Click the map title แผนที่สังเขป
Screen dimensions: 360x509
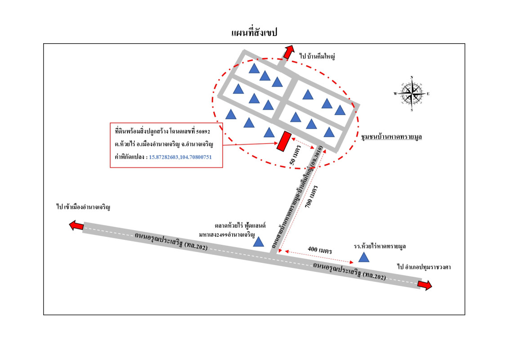[x=254, y=33]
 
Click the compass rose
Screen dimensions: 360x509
[x=412, y=94]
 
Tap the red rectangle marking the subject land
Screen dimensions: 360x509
[x=283, y=141]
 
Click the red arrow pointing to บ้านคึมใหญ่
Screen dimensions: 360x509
[x=286, y=52]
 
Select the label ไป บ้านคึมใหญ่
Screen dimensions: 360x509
[x=317, y=56]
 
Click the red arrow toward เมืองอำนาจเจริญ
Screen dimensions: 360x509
[x=76, y=225]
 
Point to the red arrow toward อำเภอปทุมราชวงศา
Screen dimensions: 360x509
[x=424, y=285]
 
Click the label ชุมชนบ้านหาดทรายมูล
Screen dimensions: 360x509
[x=393, y=135]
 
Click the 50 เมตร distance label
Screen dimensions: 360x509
[x=294, y=158]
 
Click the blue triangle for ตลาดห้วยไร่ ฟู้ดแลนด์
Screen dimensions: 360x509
[x=258, y=243]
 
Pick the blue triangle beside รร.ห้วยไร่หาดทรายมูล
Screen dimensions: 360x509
[x=363, y=257]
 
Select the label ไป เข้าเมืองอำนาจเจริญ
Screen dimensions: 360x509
[x=84, y=207]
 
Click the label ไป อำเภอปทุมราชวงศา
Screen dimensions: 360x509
[x=424, y=267]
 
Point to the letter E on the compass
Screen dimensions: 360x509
[x=428, y=94]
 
